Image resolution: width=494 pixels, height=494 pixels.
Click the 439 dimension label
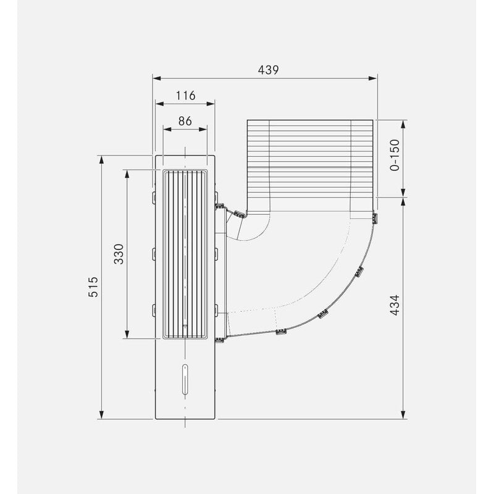(x=268, y=70)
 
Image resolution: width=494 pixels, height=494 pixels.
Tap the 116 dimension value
(x=186, y=96)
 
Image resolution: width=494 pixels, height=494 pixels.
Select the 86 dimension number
(x=185, y=121)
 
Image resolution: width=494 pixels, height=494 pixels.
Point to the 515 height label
(x=93, y=287)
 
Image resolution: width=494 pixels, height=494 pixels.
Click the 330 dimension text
(x=119, y=254)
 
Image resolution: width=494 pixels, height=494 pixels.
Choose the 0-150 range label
(x=395, y=155)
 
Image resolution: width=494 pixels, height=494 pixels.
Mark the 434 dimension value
(x=395, y=305)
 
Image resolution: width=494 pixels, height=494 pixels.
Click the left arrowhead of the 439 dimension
(x=157, y=78)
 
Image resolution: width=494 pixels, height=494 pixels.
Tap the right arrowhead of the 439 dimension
(x=373, y=78)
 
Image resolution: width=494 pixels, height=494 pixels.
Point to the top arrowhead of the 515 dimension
(x=101, y=160)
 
